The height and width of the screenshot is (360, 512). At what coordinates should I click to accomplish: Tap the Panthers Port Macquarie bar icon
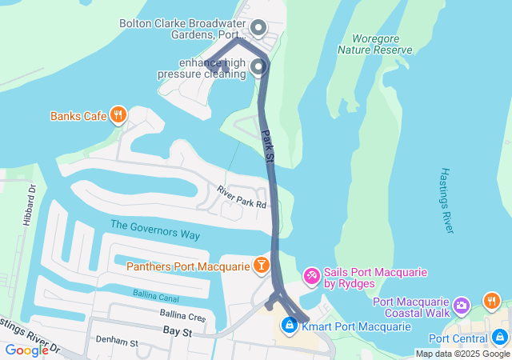click(x=261, y=265)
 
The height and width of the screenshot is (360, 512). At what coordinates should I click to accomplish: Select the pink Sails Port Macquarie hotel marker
click(x=311, y=277)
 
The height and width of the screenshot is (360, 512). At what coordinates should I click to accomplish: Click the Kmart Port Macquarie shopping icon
click(x=289, y=326)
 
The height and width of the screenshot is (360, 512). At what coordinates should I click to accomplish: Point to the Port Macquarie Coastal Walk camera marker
click(x=462, y=306)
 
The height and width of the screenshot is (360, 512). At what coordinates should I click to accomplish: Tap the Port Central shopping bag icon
click(x=501, y=338)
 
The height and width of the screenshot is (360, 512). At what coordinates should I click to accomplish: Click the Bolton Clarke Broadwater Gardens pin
click(x=258, y=30)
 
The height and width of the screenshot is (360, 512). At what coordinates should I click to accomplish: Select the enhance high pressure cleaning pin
click(x=258, y=67)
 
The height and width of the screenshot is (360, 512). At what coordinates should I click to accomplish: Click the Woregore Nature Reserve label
click(x=375, y=44)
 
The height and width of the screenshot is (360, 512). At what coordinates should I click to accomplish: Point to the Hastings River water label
click(x=446, y=202)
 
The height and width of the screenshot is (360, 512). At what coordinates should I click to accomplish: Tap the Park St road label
click(x=268, y=149)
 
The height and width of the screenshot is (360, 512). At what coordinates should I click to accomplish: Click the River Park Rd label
click(x=242, y=198)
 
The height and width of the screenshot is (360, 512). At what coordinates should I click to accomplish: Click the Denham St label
click(x=117, y=342)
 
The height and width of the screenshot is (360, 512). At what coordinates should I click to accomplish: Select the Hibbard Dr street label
click(x=31, y=206)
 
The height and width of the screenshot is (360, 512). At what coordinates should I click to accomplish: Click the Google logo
click(x=26, y=350)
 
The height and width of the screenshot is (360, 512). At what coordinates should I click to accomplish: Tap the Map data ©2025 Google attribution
click(x=462, y=354)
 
